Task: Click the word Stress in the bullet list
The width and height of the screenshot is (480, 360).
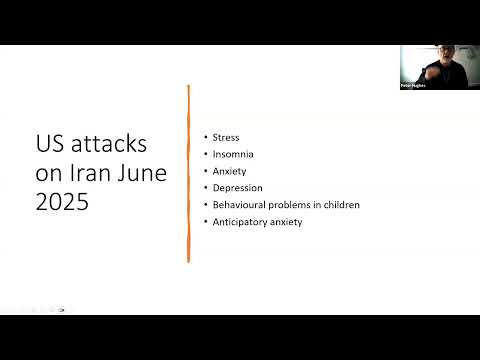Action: point(225,136)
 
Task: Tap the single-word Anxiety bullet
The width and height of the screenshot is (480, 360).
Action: point(228,170)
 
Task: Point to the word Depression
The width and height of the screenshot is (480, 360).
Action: point(237,187)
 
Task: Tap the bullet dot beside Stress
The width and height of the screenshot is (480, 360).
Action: point(205,137)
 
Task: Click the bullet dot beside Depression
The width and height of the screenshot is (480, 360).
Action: point(205,188)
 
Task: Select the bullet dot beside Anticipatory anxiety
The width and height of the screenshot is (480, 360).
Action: point(205,222)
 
